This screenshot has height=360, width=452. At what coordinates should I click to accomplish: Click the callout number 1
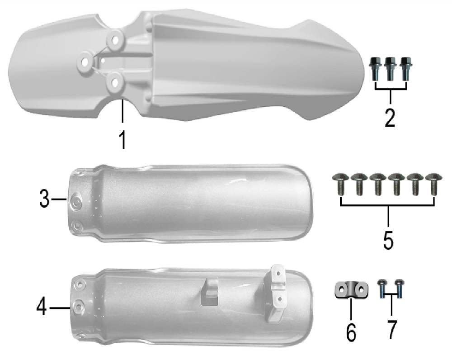click(123, 139)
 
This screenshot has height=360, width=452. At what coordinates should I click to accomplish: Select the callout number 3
click(45, 199)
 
